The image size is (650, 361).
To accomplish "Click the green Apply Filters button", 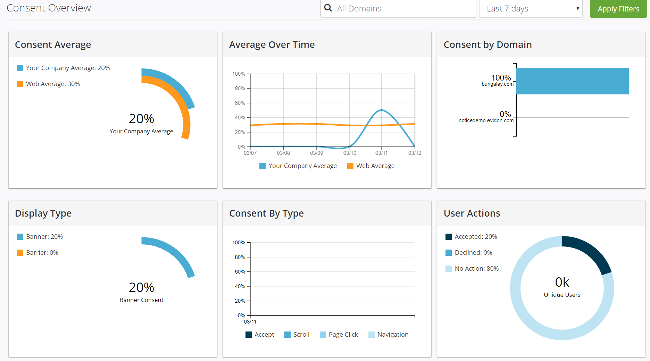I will [618, 9].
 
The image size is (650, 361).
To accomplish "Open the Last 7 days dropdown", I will [531, 9].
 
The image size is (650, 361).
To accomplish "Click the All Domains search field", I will [398, 9].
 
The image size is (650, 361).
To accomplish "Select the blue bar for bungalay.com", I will [572, 81].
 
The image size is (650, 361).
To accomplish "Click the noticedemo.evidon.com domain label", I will [486, 120].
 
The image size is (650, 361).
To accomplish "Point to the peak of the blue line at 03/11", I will [381, 110].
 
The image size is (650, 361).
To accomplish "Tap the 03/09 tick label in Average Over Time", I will [316, 153].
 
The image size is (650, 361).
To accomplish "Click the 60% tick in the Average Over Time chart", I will [240, 103].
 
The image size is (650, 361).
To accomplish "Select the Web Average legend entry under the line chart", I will [371, 166].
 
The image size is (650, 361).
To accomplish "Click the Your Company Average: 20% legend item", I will [64, 68].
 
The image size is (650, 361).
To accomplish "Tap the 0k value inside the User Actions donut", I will [562, 282].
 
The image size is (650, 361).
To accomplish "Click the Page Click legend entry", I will [339, 335].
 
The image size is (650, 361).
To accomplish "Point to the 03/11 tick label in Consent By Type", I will [250, 322].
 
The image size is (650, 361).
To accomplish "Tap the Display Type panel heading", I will [43, 213].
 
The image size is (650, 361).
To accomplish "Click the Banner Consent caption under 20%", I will [141, 300].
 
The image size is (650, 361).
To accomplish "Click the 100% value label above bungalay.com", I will [501, 77].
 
